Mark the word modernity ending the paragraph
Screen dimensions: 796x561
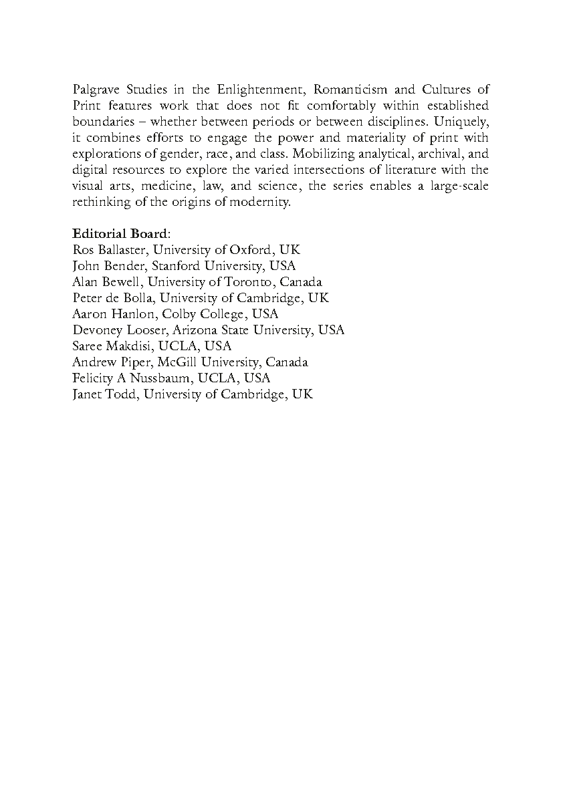point(262,202)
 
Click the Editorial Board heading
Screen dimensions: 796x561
point(121,234)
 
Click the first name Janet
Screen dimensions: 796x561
point(86,394)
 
